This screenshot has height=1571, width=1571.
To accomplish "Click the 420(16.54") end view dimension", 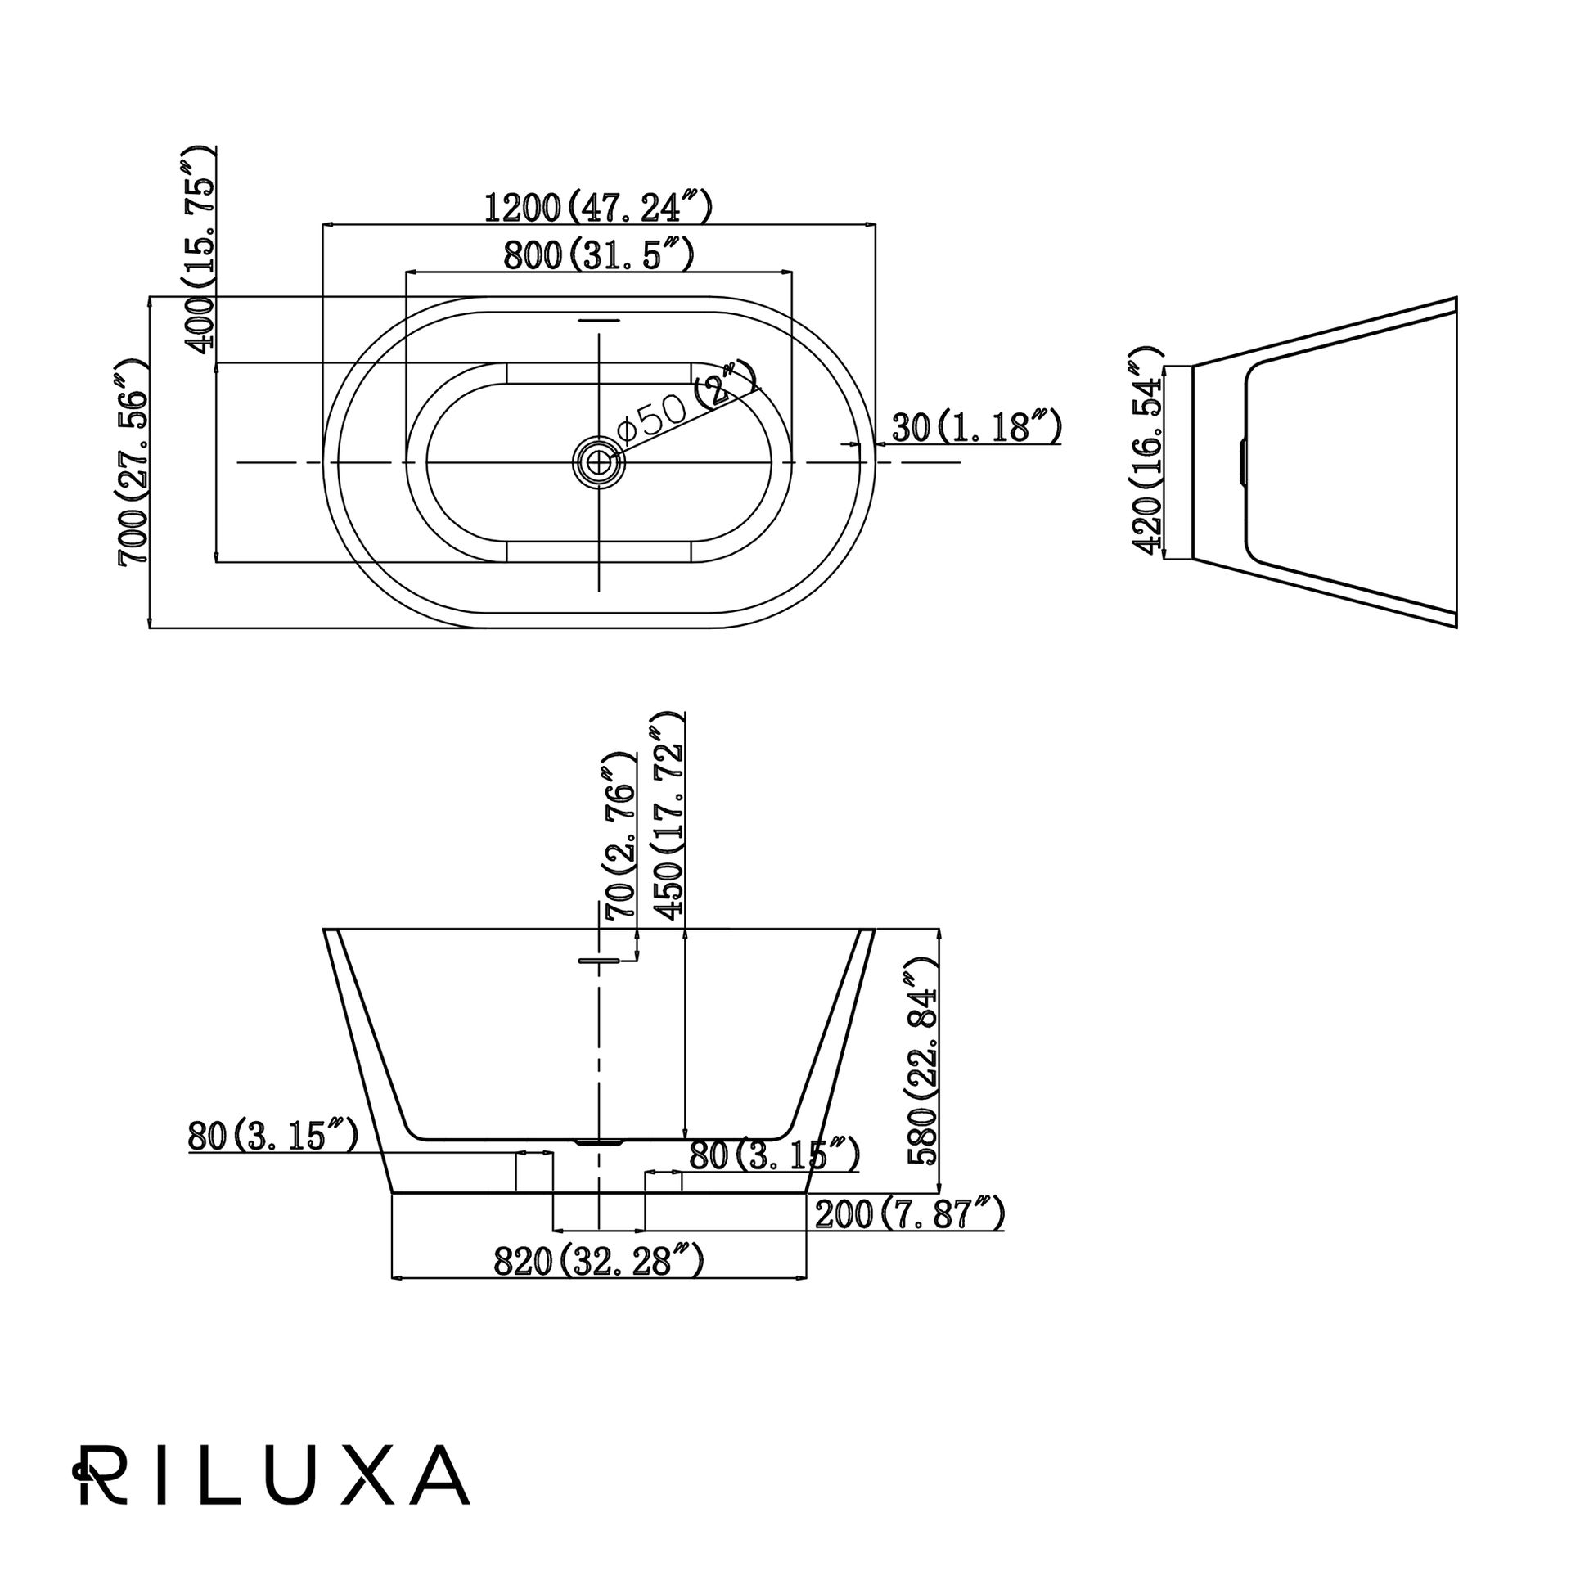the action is [1146, 451].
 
